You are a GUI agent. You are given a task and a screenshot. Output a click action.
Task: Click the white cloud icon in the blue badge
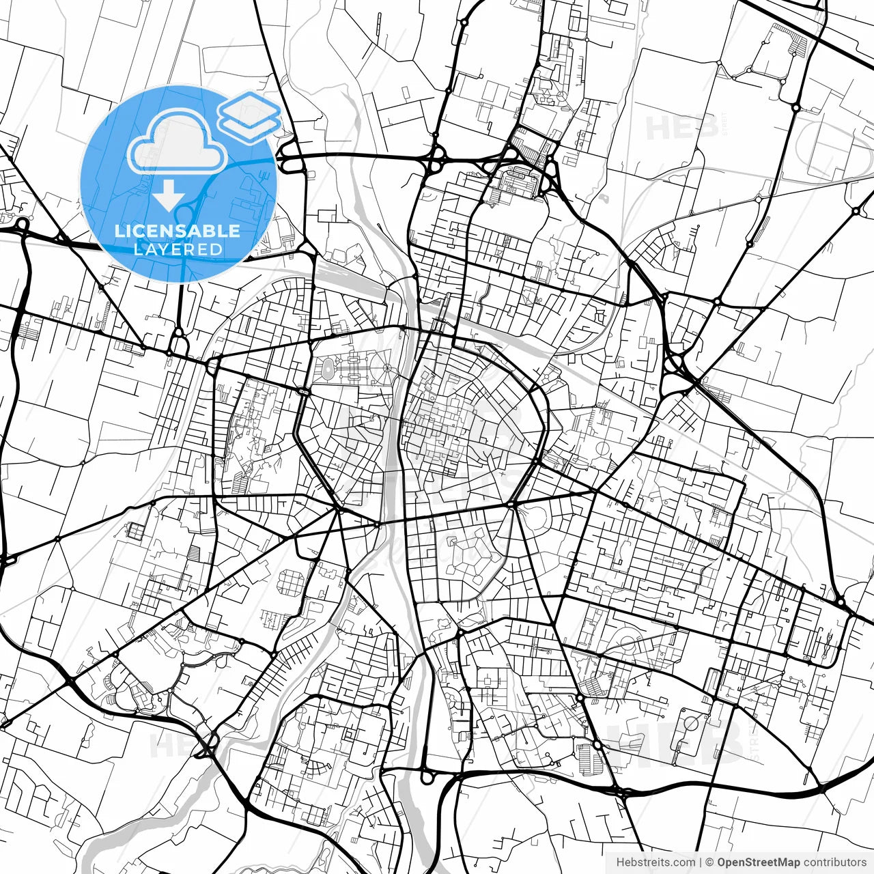point(177,144)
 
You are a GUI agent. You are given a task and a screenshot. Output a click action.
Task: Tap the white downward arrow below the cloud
point(168,195)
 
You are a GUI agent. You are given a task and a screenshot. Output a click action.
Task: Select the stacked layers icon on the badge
point(249,116)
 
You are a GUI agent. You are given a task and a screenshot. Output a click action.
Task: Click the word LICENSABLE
point(178,231)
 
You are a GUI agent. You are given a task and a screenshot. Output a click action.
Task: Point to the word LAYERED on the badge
point(178,249)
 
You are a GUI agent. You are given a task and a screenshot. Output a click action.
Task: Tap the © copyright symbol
point(709,862)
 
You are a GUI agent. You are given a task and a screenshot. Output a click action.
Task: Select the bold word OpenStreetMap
point(759,862)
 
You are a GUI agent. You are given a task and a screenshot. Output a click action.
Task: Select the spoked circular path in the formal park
point(387,369)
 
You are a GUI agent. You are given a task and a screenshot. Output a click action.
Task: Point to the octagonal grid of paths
point(291,582)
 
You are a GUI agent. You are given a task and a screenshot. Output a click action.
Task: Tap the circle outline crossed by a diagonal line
point(690,722)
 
